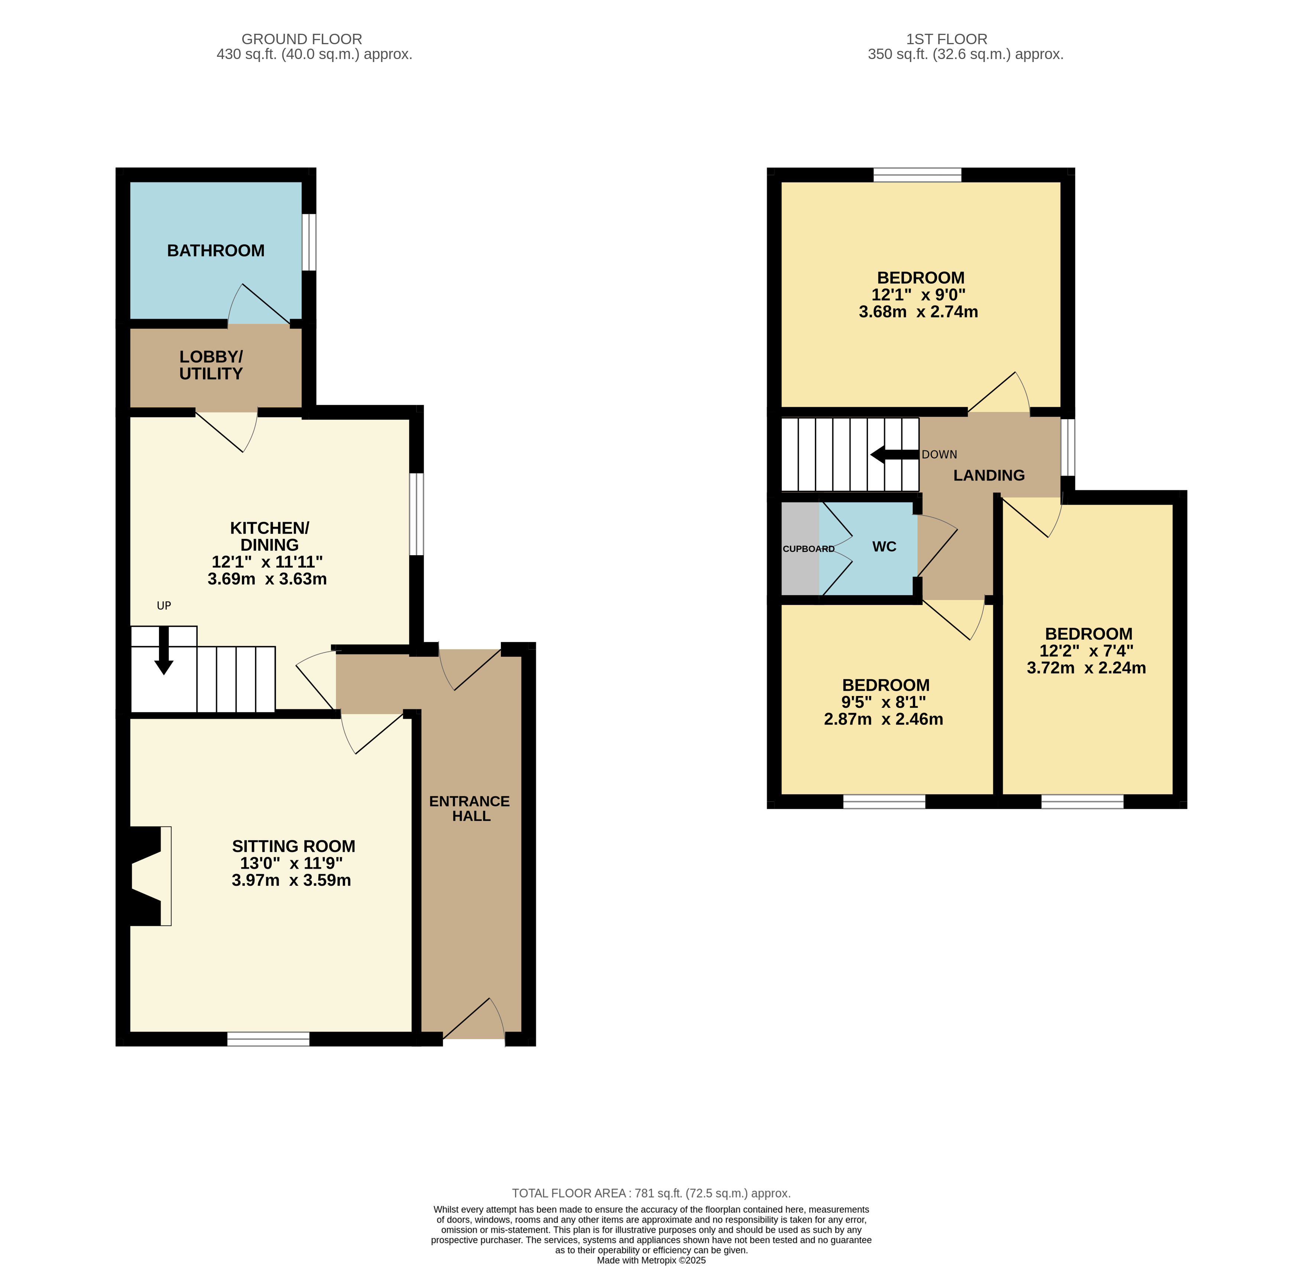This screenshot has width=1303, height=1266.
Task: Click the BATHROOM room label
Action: pos(215,251)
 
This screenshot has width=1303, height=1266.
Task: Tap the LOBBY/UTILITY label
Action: pos(211,365)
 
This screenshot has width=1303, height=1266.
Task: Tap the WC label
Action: pos(884,547)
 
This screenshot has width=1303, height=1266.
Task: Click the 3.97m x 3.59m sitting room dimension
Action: pos(291,881)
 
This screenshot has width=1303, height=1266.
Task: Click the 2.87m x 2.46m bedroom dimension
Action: pos(883,719)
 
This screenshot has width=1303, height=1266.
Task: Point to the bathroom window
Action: pos(309,242)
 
